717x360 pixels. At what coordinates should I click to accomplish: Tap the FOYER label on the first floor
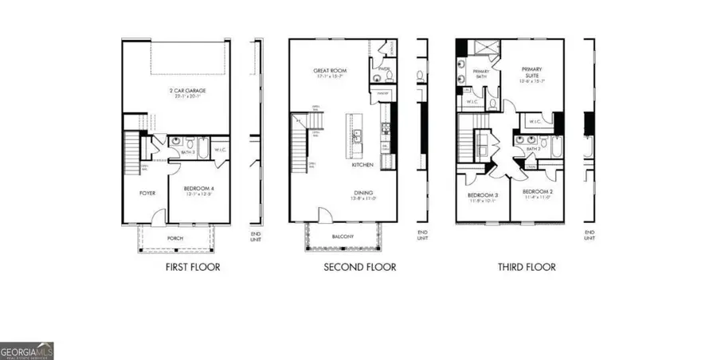147,193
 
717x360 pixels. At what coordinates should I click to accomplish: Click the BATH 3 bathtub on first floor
202,148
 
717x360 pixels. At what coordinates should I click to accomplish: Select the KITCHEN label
363,165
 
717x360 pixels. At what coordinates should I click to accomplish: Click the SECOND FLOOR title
359,268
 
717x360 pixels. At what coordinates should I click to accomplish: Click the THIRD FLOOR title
527,268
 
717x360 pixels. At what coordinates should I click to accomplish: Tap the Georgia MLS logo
26,351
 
